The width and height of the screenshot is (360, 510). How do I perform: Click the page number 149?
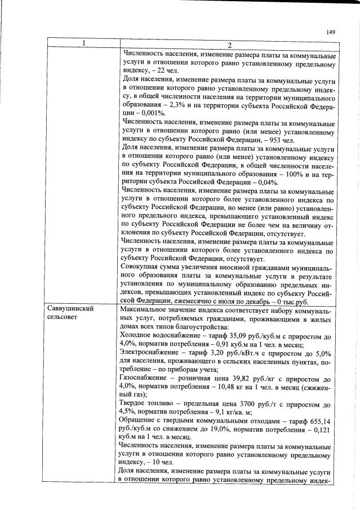331,32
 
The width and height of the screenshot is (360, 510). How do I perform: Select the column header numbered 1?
83,45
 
